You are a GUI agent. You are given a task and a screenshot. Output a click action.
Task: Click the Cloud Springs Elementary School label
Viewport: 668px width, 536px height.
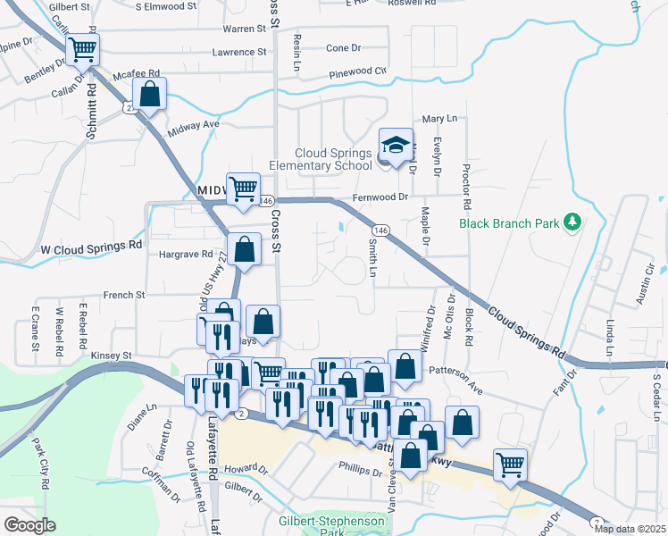(x=321, y=159)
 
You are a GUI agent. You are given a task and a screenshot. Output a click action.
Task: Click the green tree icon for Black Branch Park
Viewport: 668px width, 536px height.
(x=575, y=221)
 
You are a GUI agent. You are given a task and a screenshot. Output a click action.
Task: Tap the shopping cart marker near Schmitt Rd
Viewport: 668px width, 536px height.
(x=83, y=51)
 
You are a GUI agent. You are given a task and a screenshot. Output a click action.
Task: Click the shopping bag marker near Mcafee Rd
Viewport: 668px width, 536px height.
(x=150, y=94)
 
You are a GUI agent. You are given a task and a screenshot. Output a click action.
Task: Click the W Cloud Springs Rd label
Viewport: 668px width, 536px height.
(x=91, y=246)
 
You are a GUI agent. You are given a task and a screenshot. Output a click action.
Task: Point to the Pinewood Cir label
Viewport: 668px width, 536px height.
(x=357, y=72)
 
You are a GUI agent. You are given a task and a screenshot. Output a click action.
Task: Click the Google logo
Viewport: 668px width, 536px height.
(x=29, y=525)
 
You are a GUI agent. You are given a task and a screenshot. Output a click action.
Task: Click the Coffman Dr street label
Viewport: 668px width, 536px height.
(x=161, y=488)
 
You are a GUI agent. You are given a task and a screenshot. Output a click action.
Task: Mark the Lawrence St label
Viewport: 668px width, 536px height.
(x=239, y=53)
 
